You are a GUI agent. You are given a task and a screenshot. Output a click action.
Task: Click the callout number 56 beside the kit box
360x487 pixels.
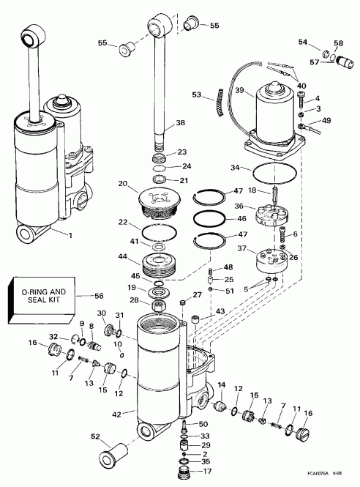99,296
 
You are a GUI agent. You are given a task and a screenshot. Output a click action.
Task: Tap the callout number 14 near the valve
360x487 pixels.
222,384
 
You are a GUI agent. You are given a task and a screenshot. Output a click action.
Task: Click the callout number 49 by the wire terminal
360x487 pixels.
326,120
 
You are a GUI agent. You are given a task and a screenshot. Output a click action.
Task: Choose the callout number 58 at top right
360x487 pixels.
338,44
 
